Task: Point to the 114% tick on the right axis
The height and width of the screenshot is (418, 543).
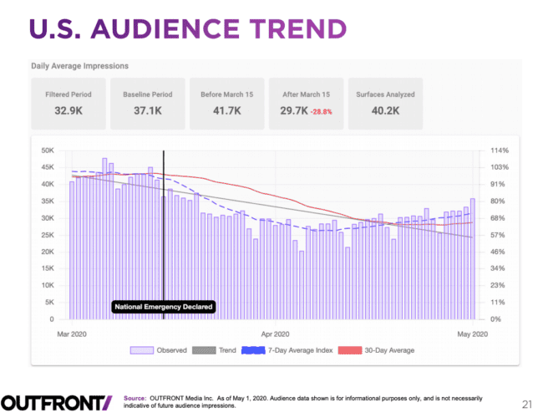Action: point(499,150)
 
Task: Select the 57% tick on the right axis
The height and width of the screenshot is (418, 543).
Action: point(499,235)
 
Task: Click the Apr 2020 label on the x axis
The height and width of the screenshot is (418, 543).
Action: point(275,334)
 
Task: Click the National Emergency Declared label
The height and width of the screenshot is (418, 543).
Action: point(164,307)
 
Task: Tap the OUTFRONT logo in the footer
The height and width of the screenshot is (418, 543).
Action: point(56,402)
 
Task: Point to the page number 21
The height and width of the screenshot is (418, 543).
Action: point(525,403)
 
